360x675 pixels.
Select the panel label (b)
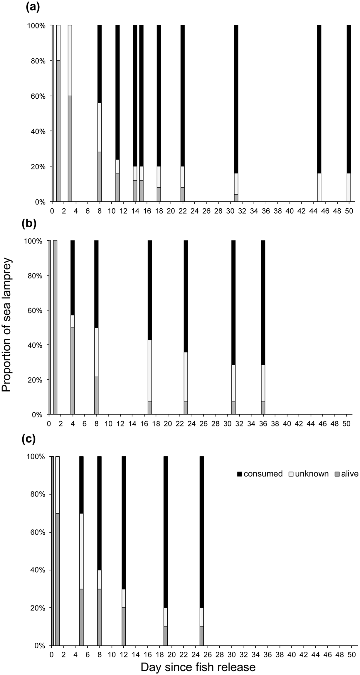pos(29,224)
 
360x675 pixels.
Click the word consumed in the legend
pos(263,474)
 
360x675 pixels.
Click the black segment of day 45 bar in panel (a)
pos(319,100)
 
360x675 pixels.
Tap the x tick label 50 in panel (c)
pos(351,647)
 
